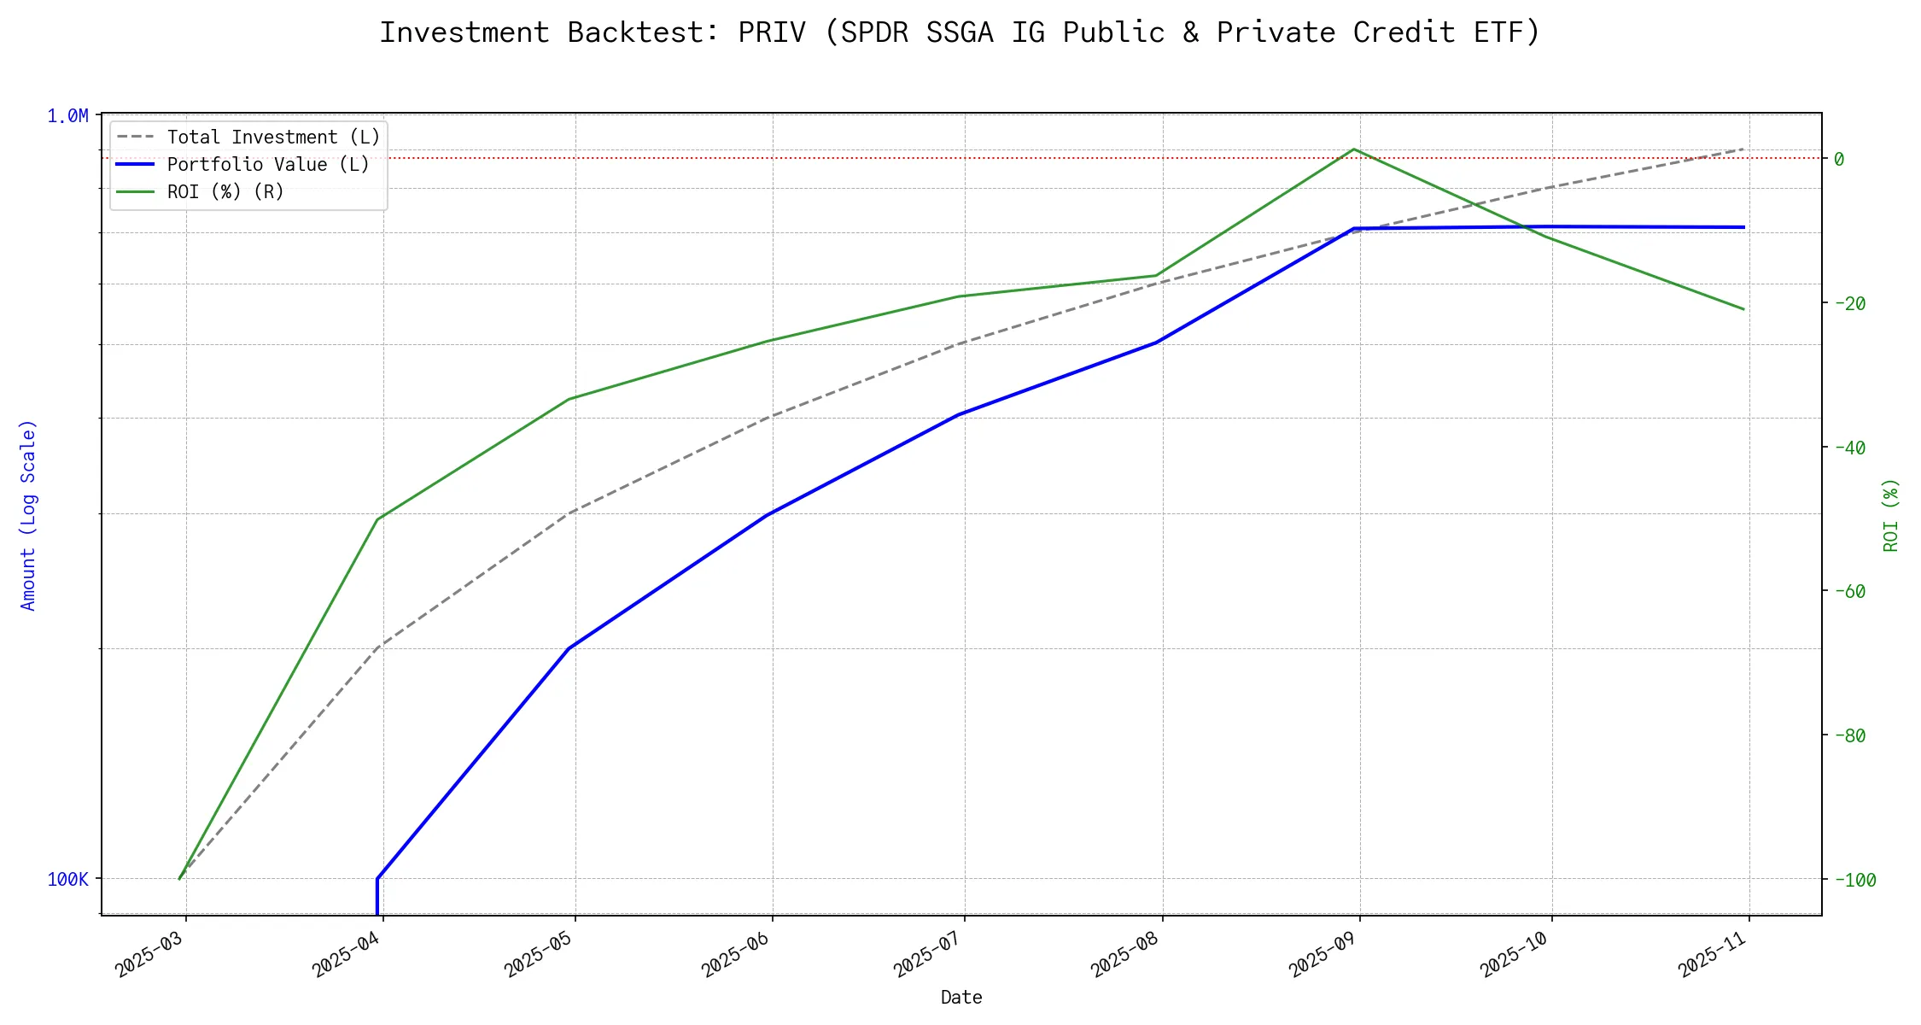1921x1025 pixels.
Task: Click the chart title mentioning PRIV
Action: point(960,32)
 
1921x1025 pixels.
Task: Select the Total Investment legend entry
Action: point(273,138)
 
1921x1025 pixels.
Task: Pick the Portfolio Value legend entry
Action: point(268,165)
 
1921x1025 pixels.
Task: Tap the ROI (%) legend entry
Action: point(225,192)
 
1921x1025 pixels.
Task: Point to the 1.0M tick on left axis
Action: point(67,116)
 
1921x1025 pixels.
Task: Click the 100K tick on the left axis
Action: point(67,880)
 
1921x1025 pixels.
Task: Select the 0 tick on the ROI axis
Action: point(1839,159)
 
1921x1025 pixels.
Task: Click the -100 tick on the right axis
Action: point(1854,880)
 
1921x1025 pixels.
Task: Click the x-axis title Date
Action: point(961,998)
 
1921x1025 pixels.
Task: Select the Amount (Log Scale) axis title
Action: point(29,515)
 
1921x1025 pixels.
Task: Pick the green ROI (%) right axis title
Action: point(1892,515)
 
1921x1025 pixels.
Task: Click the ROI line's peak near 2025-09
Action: point(1354,149)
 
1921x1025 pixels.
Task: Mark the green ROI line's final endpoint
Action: point(1744,309)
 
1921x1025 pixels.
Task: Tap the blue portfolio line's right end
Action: point(1744,227)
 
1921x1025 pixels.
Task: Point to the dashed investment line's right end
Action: point(1744,149)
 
